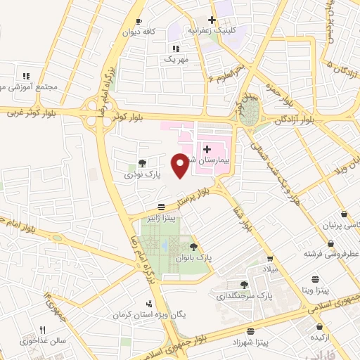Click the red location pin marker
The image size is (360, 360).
181,165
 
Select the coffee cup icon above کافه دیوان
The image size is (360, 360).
139,22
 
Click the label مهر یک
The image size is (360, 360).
176,60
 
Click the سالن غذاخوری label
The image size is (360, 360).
43,342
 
